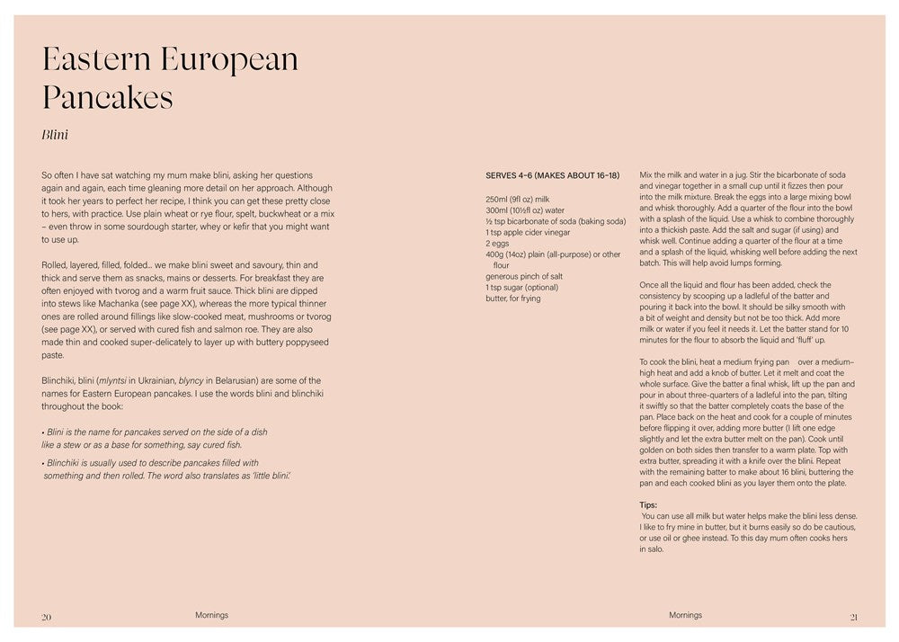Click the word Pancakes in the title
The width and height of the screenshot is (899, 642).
tap(108, 97)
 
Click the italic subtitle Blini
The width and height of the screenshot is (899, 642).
tap(56, 136)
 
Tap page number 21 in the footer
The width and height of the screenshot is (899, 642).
tap(853, 617)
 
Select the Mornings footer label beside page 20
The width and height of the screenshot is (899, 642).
tap(211, 615)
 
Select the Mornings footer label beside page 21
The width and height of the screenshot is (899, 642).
tap(685, 615)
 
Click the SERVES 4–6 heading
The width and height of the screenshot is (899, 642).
tap(552, 175)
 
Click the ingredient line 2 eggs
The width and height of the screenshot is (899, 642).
tap(498, 243)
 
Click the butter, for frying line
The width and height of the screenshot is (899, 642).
tap(513, 299)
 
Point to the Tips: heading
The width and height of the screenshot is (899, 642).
tap(648, 504)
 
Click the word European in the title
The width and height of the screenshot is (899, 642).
tap(230, 59)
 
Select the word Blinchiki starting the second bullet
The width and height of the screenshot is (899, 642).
tap(67, 463)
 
